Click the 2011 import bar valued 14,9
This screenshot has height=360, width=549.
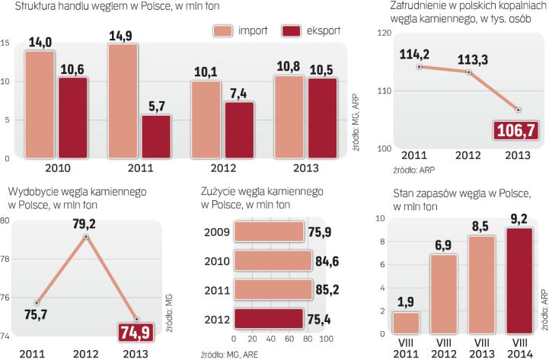(123, 101)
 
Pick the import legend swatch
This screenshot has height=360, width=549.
(224, 31)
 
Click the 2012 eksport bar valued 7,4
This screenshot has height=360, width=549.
(240, 130)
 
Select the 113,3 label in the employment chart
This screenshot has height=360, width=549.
(469, 58)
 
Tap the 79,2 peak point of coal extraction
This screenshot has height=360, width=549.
(86, 237)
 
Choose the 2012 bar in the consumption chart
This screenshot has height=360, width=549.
(272, 319)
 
